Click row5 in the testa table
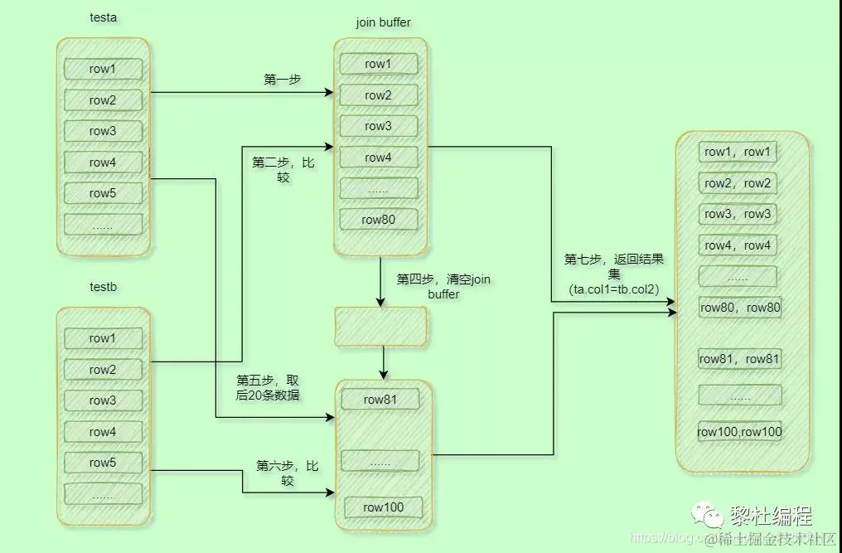[x=103, y=193]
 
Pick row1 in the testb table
[x=103, y=338]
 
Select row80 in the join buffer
[x=378, y=220]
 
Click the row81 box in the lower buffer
[x=380, y=400]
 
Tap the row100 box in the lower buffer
[x=382, y=507]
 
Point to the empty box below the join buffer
[x=380, y=327]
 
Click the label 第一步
[x=282, y=80]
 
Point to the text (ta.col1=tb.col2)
[x=613, y=290]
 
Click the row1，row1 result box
[x=738, y=152]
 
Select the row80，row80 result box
[x=740, y=308]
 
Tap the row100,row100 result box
[x=739, y=431]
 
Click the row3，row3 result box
[x=738, y=214]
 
